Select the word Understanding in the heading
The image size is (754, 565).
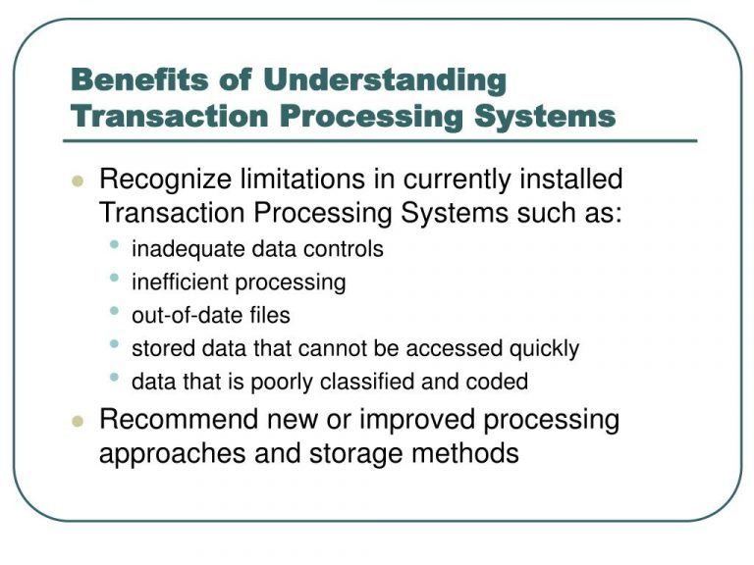[x=385, y=79]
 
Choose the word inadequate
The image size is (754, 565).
[x=184, y=249]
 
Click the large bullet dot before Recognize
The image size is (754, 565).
[x=79, y=182]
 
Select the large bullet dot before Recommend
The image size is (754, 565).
[x=79, y=422]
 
